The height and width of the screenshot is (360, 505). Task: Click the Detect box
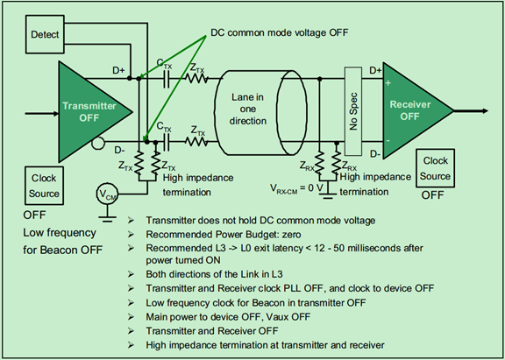45,34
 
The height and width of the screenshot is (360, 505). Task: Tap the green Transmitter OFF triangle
90,112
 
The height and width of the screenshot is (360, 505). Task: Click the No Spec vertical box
353,111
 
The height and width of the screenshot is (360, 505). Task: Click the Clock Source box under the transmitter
44,186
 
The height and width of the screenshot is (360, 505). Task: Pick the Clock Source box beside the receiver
435,168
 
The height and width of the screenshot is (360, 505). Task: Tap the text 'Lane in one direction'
247,109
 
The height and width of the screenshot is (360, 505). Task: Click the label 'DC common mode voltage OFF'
280,32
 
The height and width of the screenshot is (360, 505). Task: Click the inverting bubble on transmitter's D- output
98,143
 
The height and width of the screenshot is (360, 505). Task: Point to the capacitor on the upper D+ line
167,78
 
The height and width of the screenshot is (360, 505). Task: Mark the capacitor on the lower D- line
167,142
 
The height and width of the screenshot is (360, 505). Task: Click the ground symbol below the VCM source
108,218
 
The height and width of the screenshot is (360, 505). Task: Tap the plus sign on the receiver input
388,83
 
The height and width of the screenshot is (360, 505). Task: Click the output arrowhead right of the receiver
485,111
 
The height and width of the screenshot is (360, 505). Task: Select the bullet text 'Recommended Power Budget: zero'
224,235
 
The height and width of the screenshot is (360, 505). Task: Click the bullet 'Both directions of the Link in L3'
214,274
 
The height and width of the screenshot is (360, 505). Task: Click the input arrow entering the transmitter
42,113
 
